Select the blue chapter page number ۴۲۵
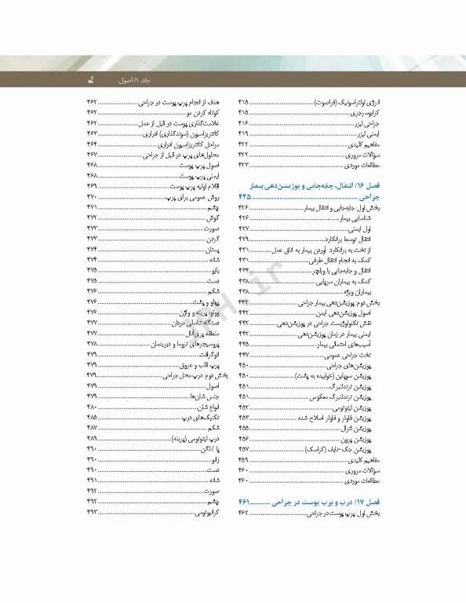tap(248, 196)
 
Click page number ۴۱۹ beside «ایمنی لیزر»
tap(243, 135)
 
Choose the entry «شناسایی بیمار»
tap(366, 217)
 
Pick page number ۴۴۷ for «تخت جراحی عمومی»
tap(243, 355)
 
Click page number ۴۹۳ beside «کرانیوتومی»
tap(92, 513)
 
